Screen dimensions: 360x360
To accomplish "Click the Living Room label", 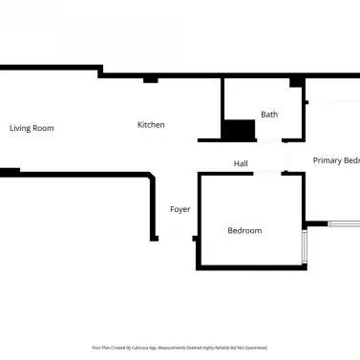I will point(32,128).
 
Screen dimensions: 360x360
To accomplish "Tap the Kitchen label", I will point(151,125).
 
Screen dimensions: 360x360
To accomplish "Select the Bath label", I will point(269,115).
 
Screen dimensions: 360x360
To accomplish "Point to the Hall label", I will point(241,164).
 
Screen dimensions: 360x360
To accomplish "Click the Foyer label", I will point(180,209).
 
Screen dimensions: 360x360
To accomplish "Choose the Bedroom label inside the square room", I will point(244,230).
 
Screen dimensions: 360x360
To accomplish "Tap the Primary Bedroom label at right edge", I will point(335,160).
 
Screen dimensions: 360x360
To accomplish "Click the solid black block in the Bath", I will point(239,131).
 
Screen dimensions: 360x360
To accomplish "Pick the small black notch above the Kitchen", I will point(150,79).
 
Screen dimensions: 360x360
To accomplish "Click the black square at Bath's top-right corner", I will point(296,82).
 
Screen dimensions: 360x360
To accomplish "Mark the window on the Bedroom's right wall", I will point(304,246).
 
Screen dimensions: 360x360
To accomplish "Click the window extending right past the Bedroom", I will point(343,224).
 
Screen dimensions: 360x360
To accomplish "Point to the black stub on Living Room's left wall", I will point(10,172).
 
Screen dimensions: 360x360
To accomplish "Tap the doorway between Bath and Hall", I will point(271,142).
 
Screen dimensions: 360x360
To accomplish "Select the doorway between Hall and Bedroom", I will point(267,173).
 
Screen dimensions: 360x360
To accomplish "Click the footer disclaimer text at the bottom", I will point(180,348).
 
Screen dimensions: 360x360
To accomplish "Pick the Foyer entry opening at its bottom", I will point(175,238).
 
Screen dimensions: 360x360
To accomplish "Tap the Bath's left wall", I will point(222,110).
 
